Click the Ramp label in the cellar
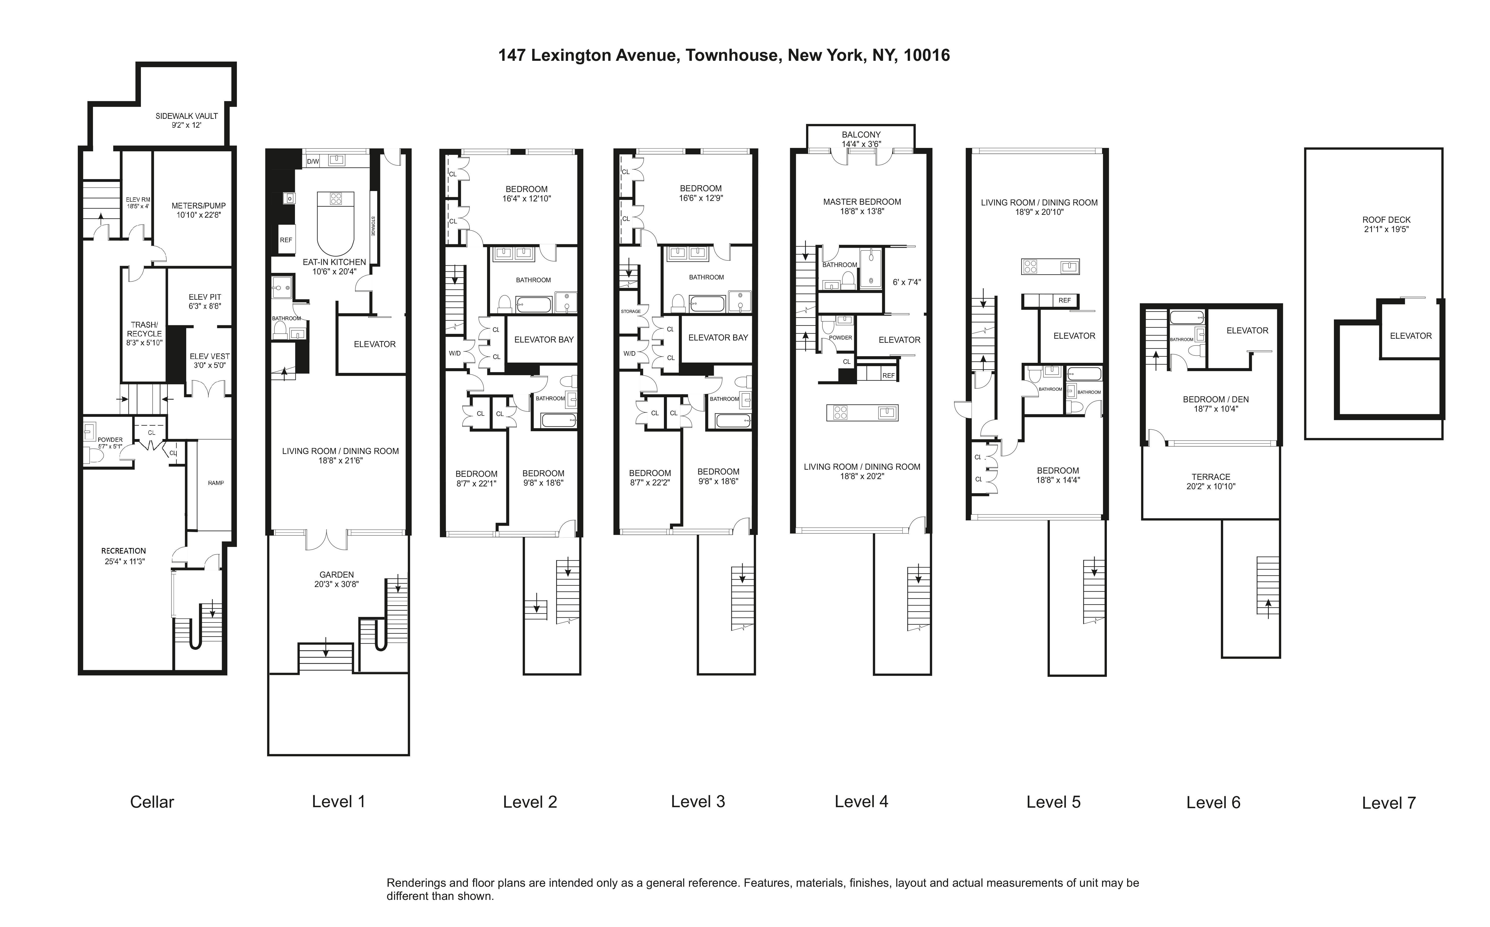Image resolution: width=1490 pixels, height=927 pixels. click(x=216, y=483)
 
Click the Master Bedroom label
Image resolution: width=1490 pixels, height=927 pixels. click(x=862, y=202)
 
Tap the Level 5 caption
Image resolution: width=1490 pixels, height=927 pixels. click(x=1053, y=802)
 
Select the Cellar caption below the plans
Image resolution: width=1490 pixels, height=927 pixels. click(x=152, y=802)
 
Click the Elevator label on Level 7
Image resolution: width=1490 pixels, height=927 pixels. click(x=1410, y=336)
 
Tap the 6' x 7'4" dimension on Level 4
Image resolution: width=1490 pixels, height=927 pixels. click(x=906, y=283)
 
